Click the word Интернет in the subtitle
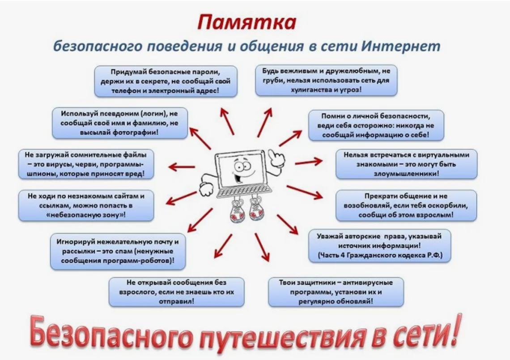coord(401,46)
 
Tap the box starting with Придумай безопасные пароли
coord(166,81)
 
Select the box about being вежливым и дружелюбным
coord(326,80)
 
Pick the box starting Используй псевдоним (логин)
coord(120,123)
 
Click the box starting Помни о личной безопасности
coord(376,125)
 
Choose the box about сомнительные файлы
coord(86,164)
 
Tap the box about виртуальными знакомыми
coord(407,164)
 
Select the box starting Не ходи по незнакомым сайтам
coord(86,206)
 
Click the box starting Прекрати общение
coord(406,206)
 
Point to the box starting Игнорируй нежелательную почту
coord(118,251)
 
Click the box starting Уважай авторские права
coord(379,246)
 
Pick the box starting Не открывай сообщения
coord(177,292)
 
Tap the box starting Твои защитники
coord(336,292)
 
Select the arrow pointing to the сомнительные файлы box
coord(182,167)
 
